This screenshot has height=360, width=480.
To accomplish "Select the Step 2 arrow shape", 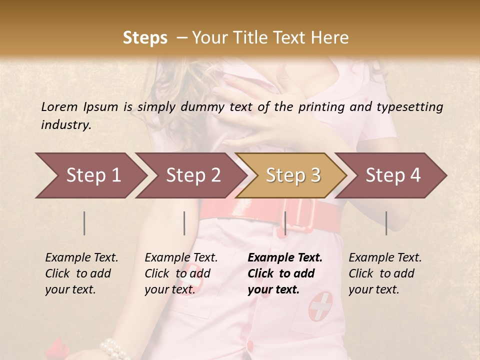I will pos(190,175).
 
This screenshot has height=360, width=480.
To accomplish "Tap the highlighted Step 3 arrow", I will pos(291,175).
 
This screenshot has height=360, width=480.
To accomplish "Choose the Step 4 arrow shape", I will pos(392,175).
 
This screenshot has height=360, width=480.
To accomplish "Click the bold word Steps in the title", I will pos(145,37).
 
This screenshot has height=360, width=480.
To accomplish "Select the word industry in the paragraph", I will pos(66,124).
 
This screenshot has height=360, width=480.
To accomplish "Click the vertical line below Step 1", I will pos(84,223).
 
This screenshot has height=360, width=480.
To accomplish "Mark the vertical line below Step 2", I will pos(184,223).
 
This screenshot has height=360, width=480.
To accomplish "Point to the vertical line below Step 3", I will pos(285,223).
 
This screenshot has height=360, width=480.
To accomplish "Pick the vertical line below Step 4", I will pos(386,223).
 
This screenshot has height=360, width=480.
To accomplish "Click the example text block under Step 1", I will pos(81,273).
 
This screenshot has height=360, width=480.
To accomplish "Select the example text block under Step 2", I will pos(181,273).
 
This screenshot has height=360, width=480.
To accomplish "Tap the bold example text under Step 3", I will pos(285,273).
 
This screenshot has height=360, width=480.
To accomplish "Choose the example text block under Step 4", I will pos(385,273).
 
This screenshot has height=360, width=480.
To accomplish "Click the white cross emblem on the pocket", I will pos(320,305).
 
